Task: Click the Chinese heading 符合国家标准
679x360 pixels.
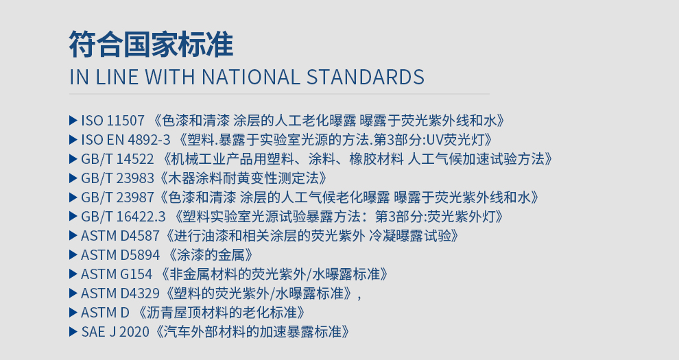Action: click(151, 44)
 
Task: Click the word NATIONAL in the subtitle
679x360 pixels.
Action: click(250, 77)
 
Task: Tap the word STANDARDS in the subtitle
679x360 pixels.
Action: click(366, 77)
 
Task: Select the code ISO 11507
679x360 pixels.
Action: click(112, 120)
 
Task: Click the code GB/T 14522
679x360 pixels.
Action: click(117, 159)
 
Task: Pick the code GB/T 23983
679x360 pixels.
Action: click(117, 178)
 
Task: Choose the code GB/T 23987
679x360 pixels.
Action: click(117, 197)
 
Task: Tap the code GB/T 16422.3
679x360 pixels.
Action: click(123, 217)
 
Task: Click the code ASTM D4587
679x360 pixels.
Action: click(120, 236)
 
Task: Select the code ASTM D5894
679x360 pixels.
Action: click(120, 255)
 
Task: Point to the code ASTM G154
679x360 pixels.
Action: click(117, 274)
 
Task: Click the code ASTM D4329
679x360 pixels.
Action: click(120, 293)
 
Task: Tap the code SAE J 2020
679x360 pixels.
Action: click(115, 332)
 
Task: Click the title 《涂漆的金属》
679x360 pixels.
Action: click(211, 255)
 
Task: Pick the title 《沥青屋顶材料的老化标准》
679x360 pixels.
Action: click(222, 313)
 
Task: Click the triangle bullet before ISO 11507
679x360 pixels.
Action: click(73, 120)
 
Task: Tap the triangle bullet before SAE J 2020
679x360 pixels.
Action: click(73, 332)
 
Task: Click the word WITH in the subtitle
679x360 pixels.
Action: click(170, 77)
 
